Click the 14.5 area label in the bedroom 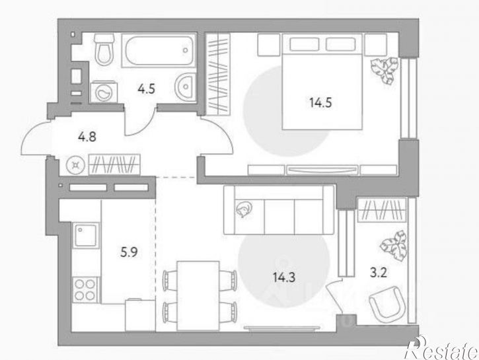(320, 102)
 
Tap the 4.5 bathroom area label (146, 89)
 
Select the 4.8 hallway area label (87, 137)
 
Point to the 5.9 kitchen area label (129, 252)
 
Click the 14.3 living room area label (284, 277)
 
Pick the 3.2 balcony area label (379, 273)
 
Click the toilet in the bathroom (104, 50)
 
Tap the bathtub (159, 50)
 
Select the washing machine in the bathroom (103, 92)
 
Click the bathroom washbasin (185, 87)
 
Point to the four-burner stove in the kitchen (85, 290)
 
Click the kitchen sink (86, 235)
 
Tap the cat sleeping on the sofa (244, 209)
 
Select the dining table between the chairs (198, 295)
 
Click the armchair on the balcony (387, 304)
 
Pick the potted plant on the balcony (394, 245)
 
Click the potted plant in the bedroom (385, 70)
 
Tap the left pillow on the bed (304, 44)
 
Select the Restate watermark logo (441, 348)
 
